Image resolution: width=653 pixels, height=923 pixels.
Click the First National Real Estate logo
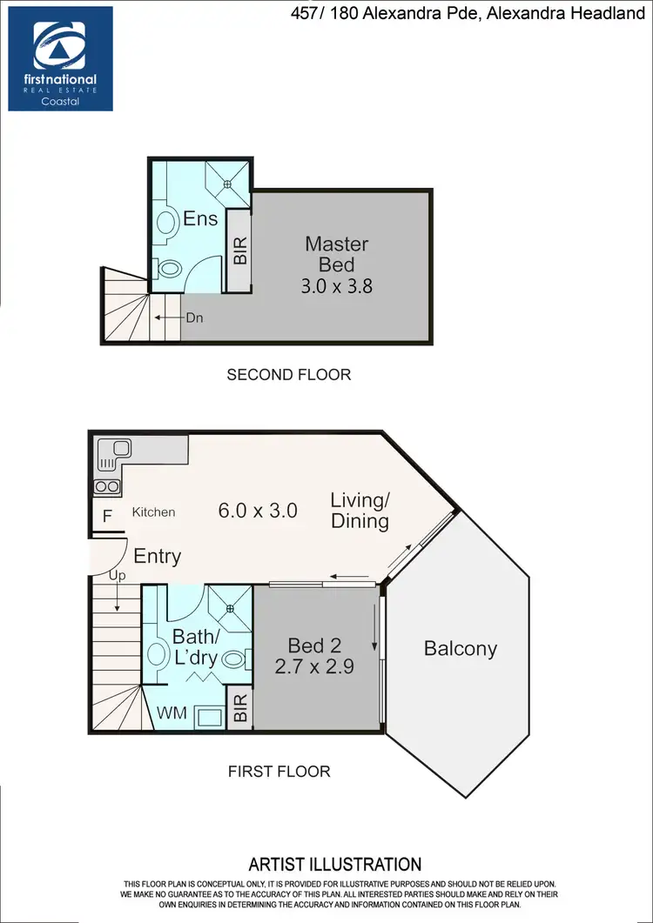(x=60, y=58)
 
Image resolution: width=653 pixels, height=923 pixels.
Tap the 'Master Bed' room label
(x=336, y=253)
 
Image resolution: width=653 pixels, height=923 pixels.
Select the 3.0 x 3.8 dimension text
(x=336, y=284)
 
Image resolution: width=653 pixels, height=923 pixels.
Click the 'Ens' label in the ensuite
(x=200, y=219)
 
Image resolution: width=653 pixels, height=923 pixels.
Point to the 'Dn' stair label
(x=194, y=318)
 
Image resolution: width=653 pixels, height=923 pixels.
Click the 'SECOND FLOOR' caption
(x=288, y=375)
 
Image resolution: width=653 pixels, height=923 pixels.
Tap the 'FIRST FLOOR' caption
(x=279, y=771)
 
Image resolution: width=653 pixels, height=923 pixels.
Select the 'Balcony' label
(x=460, y=648)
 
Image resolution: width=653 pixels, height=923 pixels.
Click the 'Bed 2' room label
(x=314, y=645)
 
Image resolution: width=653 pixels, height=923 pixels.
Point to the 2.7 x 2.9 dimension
(x=314, y=667)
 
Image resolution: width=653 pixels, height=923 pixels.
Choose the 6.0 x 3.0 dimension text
(x=258, y=511)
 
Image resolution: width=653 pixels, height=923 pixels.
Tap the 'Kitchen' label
(x=153, y=512)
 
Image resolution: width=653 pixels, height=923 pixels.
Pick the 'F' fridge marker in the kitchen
(x=107, y=515)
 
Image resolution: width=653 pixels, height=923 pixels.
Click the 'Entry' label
(x=157, y=556)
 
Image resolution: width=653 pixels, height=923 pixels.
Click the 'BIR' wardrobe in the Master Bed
(x=240, y=251)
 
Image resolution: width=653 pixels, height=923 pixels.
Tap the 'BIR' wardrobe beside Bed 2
(x=240, y=707)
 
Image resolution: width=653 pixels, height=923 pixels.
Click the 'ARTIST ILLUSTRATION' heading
(x=335, y=865)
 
